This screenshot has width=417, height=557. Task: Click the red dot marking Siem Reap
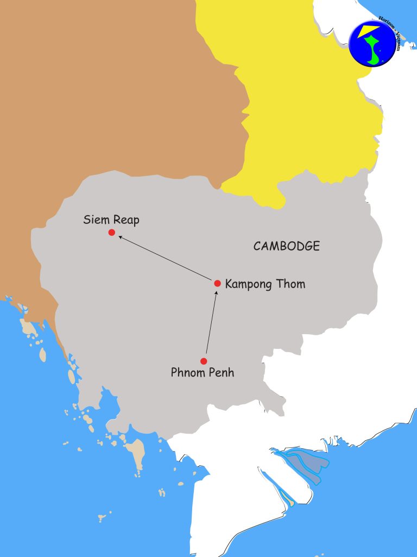(x=111, y=233)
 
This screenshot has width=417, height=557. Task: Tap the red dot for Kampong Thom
(x=217, y=283)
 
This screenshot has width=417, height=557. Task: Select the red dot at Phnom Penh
(x=204, y=361)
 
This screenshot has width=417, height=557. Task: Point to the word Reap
(x=127, y=221)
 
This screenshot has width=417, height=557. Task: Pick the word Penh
(x=222, y=373)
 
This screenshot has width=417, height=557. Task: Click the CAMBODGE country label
(x=287, y=246)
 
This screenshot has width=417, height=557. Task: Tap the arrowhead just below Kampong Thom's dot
(x=216, y=293)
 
